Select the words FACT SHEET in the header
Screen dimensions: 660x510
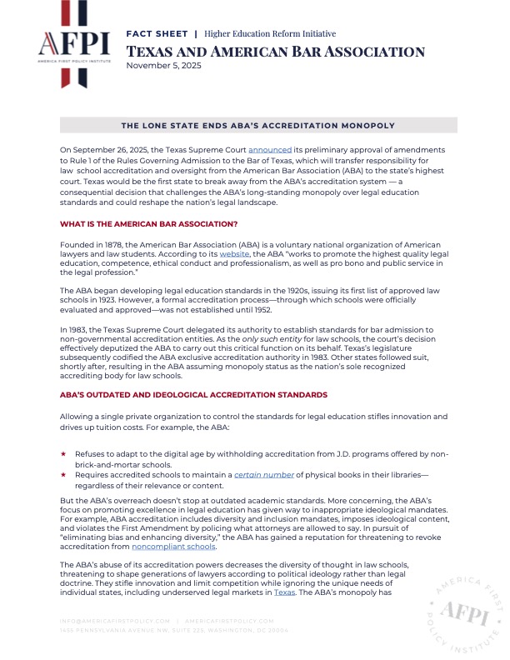tap(157, 33)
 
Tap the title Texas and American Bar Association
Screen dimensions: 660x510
tap(276, 51)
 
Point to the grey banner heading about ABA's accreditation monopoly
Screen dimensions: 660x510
tap(258, 125)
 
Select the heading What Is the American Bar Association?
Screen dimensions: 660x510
tap(149, 224)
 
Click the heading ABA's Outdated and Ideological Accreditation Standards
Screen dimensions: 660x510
tap(193, 393)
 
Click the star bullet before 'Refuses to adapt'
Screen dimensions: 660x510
tap(63, 454)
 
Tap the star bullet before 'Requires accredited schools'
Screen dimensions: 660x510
tap(63, 474)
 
